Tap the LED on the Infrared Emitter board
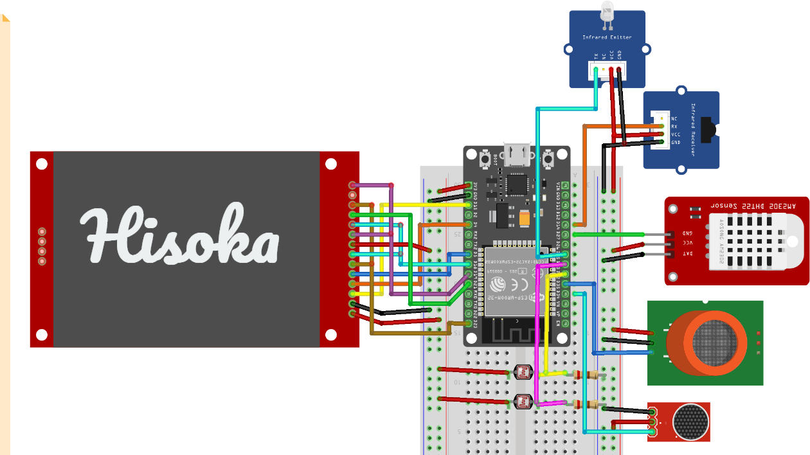coord(606,13)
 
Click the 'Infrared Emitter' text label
coord(607,37)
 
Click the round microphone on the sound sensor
coord(690,422)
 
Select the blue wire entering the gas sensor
coord(624,353)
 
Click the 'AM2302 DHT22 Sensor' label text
coord(748,205)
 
